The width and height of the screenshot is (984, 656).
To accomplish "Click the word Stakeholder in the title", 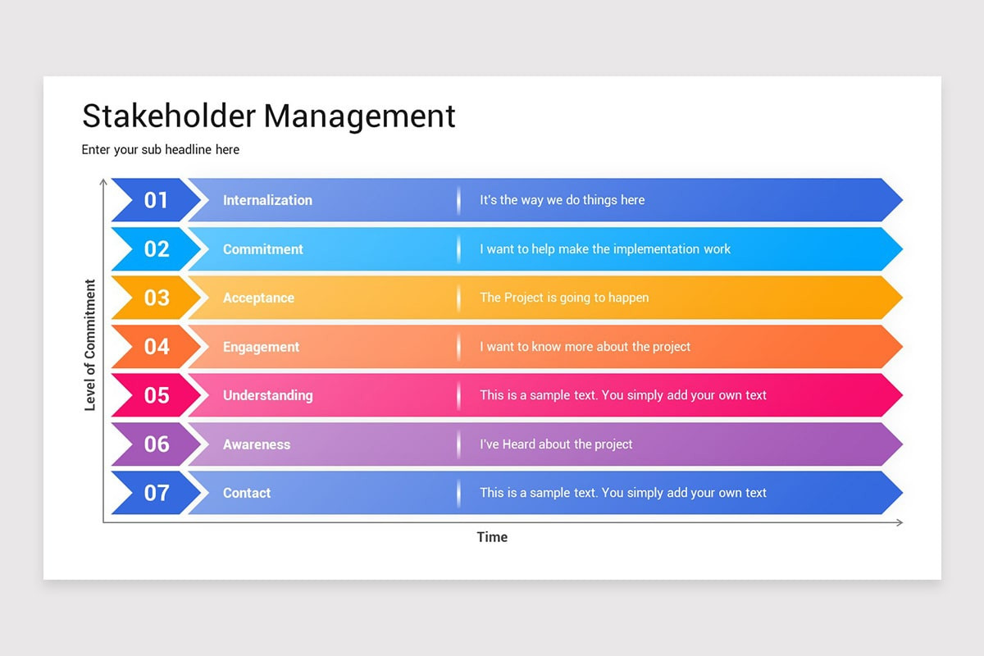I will pos(168,116).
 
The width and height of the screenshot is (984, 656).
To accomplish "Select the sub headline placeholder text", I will pos(160,149).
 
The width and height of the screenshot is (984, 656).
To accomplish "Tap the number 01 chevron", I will pos(156,200).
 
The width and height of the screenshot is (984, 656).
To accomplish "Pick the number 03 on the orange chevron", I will pos(156,298).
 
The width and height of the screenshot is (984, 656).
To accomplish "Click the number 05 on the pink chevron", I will pos(156,395).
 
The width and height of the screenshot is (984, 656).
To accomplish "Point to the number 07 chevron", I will pos(156,493).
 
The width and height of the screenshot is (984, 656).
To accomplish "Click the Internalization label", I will pos(267,200).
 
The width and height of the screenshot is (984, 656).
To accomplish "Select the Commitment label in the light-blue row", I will pos(263,249).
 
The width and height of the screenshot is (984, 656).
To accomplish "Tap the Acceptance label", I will pos(258,298).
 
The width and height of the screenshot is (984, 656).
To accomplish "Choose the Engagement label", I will pos(261,347).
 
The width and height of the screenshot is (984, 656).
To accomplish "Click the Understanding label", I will pos(267,395).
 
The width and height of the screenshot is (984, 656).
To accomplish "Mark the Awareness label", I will pos(257,444).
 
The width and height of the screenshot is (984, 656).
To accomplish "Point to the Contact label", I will pos(247,493).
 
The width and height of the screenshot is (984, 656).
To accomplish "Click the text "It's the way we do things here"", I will pos(563,200).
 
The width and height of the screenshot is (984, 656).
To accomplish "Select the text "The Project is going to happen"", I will pos(564,298).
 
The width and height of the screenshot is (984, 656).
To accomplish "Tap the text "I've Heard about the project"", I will pos(556,444).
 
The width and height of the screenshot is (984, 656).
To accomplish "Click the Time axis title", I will pos(492,537).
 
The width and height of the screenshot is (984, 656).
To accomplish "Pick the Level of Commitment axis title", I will pos(90,345).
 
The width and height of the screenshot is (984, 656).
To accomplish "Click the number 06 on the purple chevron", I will pos(156,444).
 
